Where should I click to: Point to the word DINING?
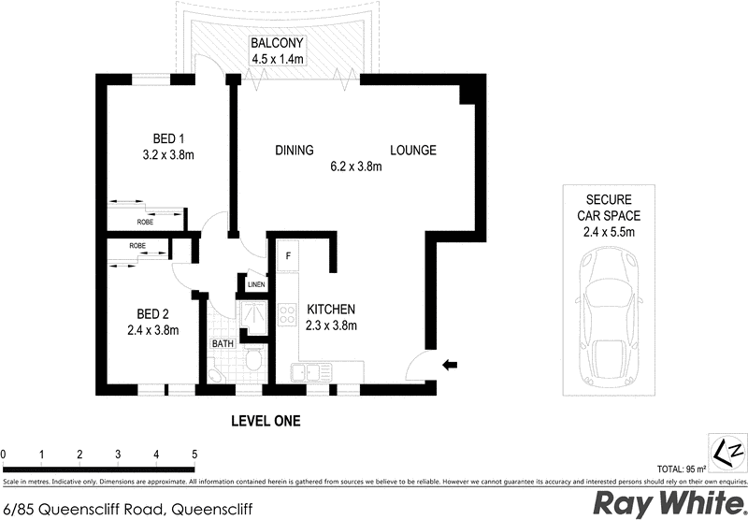point(294,151)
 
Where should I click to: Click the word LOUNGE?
point(413,151)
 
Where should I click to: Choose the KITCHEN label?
point(330,310)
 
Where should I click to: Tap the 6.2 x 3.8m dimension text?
point(356,167)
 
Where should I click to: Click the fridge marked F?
point(288,254)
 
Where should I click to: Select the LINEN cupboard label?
point(256,284)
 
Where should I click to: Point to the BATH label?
point(223,344)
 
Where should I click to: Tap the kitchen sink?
point(310,373)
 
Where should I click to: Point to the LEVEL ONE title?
point(266,422)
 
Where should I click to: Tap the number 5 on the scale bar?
point(194,455)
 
